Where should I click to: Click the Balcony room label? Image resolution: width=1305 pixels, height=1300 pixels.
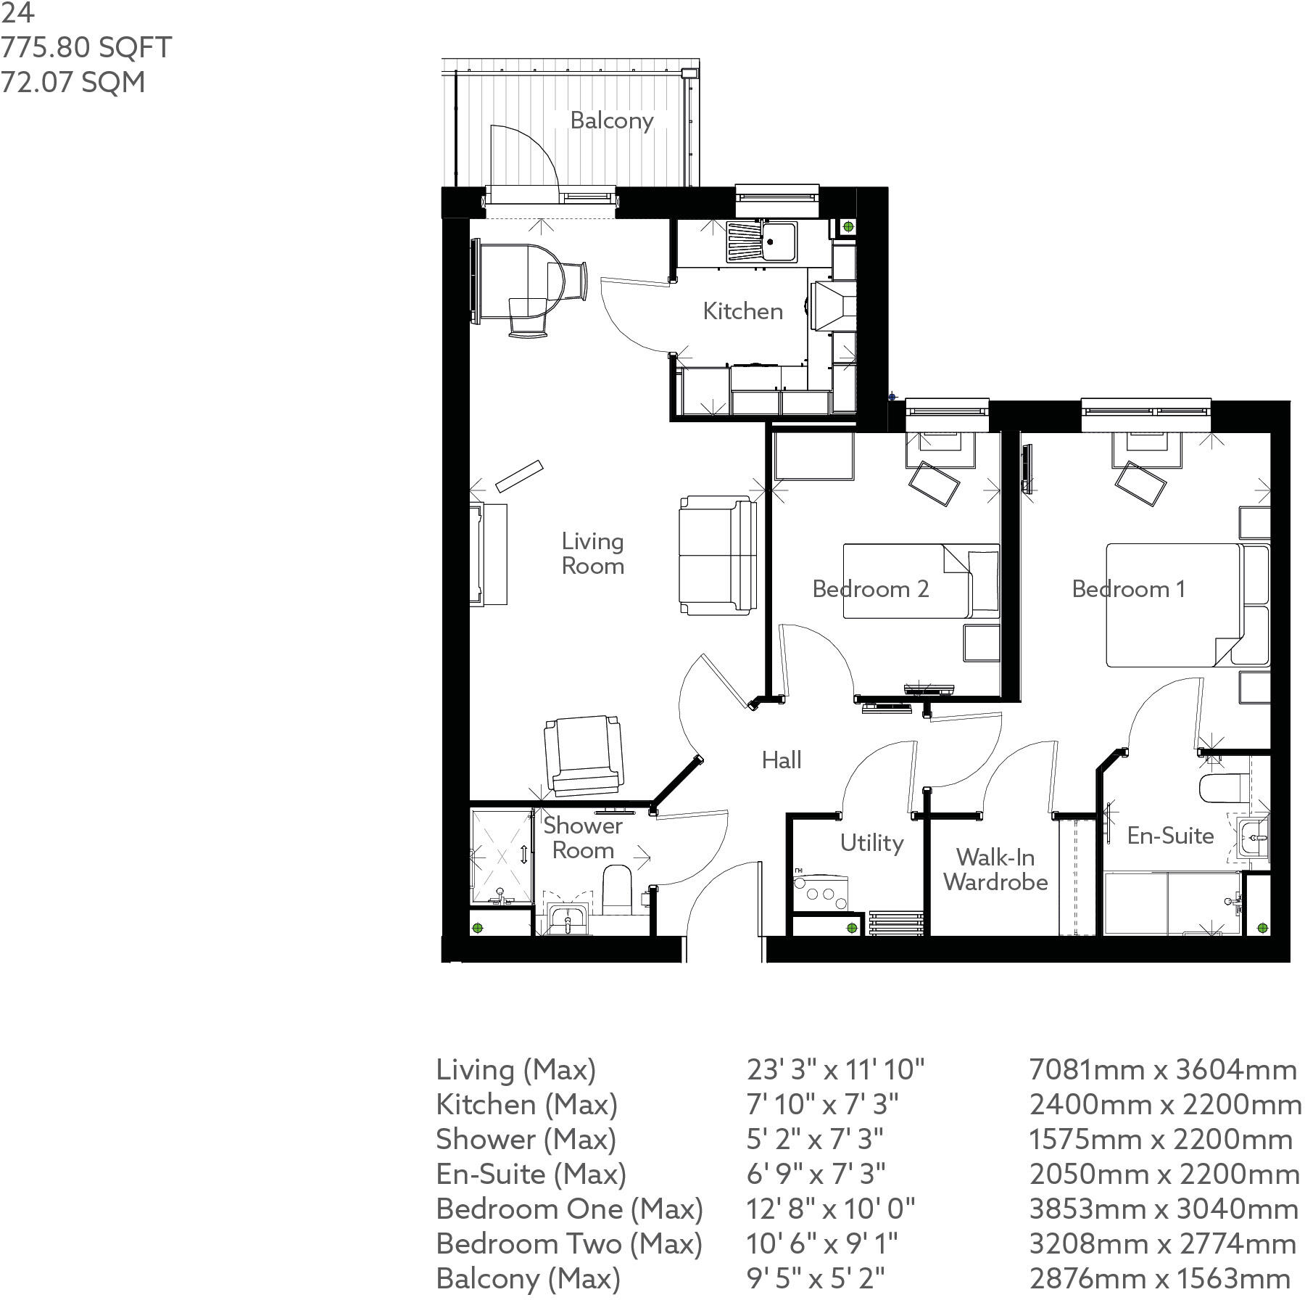611,120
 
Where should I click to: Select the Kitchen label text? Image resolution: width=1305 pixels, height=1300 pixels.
742,311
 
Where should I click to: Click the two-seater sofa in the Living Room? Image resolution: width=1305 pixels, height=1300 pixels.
717,555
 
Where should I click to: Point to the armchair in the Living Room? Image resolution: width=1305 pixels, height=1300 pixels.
584,754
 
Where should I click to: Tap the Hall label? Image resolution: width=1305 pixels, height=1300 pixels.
781,760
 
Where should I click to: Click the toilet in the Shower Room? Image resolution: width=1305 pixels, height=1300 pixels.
618,889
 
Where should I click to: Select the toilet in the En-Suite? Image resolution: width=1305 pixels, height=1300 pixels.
1224,789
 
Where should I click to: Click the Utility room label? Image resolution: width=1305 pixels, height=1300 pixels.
871,843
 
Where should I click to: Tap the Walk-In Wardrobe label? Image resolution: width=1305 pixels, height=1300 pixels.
995,870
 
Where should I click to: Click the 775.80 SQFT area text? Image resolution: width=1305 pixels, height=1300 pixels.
86,48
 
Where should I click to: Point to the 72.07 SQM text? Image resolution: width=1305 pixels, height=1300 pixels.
72,82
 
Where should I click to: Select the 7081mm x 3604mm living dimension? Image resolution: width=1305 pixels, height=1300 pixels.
1162,1069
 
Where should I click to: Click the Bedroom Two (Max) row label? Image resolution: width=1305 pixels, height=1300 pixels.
569,1243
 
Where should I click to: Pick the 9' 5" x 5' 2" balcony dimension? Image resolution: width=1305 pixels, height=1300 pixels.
816,1278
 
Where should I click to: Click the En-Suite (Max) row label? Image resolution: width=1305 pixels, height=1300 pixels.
531,1174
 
